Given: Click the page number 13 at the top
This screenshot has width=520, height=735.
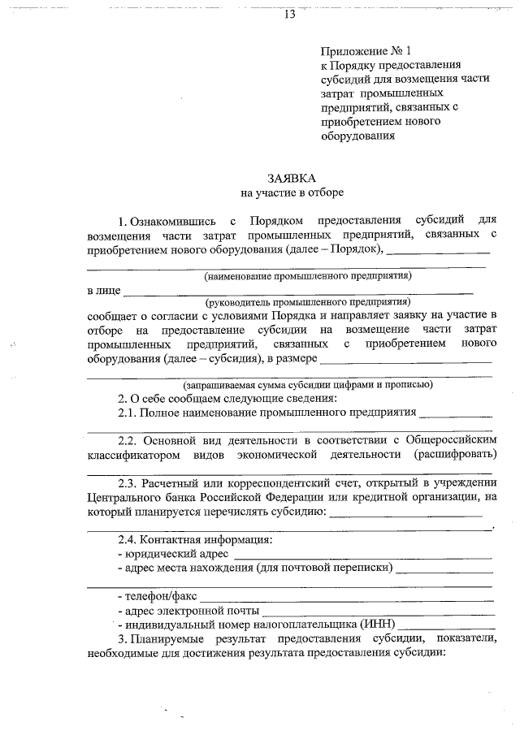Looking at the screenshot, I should pos(290,15).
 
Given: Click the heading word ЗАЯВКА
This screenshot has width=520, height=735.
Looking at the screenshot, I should pos(292,178).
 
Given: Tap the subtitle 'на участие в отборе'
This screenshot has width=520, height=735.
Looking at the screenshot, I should pos(292,192).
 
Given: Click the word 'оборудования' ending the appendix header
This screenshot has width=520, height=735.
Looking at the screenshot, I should pos(357,136).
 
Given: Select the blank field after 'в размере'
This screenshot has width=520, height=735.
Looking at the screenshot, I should pos(406,360).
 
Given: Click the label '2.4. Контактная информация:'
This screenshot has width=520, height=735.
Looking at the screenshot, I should pos(195,539).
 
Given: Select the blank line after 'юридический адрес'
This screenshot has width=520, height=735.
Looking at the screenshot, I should pos(362,556).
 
